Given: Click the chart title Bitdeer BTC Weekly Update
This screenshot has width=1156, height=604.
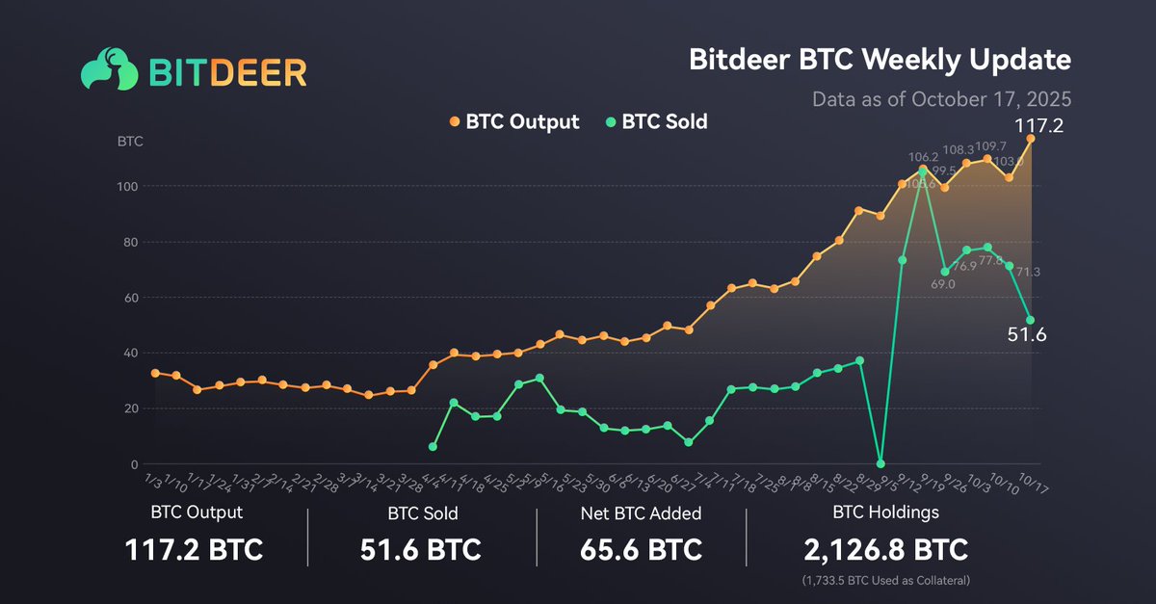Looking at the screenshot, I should coord(880,60).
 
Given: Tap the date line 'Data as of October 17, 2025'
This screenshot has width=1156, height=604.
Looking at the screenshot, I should coord(941,98).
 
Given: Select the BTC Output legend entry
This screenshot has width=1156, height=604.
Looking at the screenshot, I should coord(514,121).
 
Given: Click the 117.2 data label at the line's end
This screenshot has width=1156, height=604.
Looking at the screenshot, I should coord(1037,124).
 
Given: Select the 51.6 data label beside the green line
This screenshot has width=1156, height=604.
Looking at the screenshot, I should coord(1027,335).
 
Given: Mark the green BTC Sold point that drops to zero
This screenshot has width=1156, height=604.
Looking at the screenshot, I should coord(880,463).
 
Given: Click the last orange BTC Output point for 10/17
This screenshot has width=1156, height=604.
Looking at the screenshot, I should coord(1031,139).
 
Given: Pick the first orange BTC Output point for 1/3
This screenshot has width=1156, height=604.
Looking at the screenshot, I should coord(155,373).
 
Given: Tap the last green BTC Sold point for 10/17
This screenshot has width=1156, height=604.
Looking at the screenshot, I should coord(1031,320).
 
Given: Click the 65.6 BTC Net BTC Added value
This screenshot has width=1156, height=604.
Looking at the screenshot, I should coord(641,550).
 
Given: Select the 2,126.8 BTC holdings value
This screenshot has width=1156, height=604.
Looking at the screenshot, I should coord(885,550).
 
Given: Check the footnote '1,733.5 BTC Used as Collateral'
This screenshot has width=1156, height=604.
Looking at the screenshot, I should coord(885,582).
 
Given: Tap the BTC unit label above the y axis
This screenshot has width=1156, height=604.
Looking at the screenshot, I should coord(130,142).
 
